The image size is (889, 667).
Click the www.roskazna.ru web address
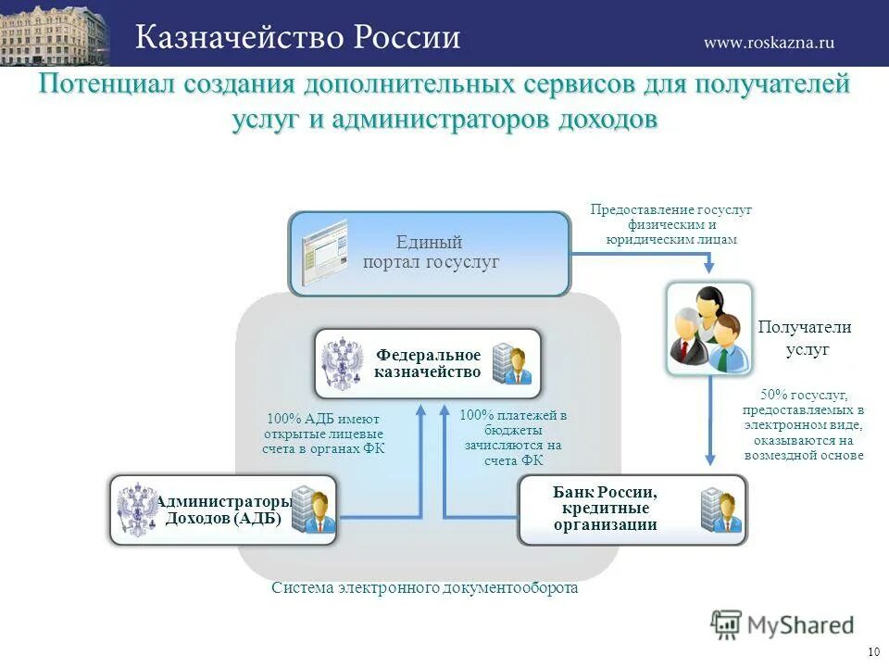(769, 42)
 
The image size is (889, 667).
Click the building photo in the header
(55, 33)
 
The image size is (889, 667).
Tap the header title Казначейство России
(298, 37)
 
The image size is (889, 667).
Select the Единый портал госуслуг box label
(431, 253)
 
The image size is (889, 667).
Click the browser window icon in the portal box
(324, 252)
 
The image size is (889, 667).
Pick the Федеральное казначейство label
(428, 364)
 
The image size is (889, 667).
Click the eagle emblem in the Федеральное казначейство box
(344, 364)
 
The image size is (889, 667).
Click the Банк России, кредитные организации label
(606, 509)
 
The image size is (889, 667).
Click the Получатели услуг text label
(806, 338)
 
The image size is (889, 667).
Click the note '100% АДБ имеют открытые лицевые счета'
(323, 434)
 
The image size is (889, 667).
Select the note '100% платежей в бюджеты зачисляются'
(513, 437)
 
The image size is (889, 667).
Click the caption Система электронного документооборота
(425, 588)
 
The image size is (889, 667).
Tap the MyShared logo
(783, 624)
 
